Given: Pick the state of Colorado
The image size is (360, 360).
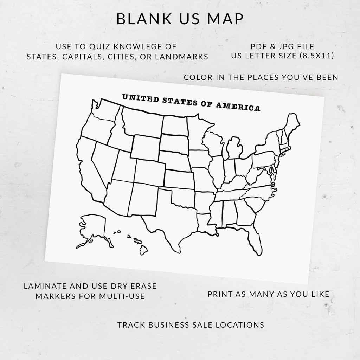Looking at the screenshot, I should point(149,172).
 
